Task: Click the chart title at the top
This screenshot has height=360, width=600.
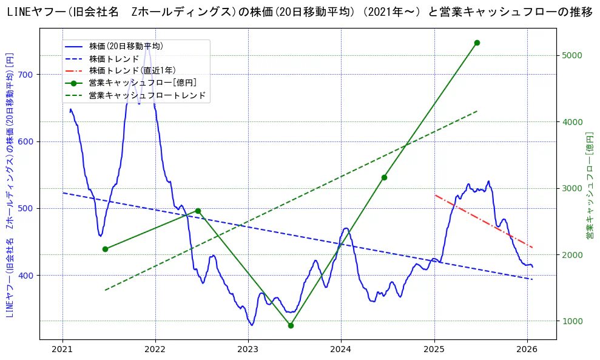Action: click(x=300, y=12)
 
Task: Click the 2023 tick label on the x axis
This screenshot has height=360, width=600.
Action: click(x=248, y=349)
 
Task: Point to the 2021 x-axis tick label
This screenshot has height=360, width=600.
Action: click(x=62, y=349)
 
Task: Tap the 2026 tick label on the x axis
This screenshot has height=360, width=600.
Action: click(x=527, y=349)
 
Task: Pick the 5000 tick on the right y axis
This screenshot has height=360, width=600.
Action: click(x=571, y=55)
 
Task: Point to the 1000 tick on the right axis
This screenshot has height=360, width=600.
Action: click(x=571, y=321)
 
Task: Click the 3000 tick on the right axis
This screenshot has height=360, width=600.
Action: click(x=571, y=188)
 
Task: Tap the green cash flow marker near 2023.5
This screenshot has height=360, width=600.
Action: click(x=291, y=325)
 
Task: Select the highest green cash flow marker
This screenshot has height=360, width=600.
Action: click(x=477, y=42)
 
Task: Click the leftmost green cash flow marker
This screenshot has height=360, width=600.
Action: click(x=105, y=249)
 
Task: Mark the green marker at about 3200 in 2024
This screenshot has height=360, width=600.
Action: click(x=384, y=177)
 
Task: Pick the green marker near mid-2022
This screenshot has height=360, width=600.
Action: click(x=198, y=211)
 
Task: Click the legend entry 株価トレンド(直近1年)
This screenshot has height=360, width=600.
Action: click(x=132, y=70)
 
